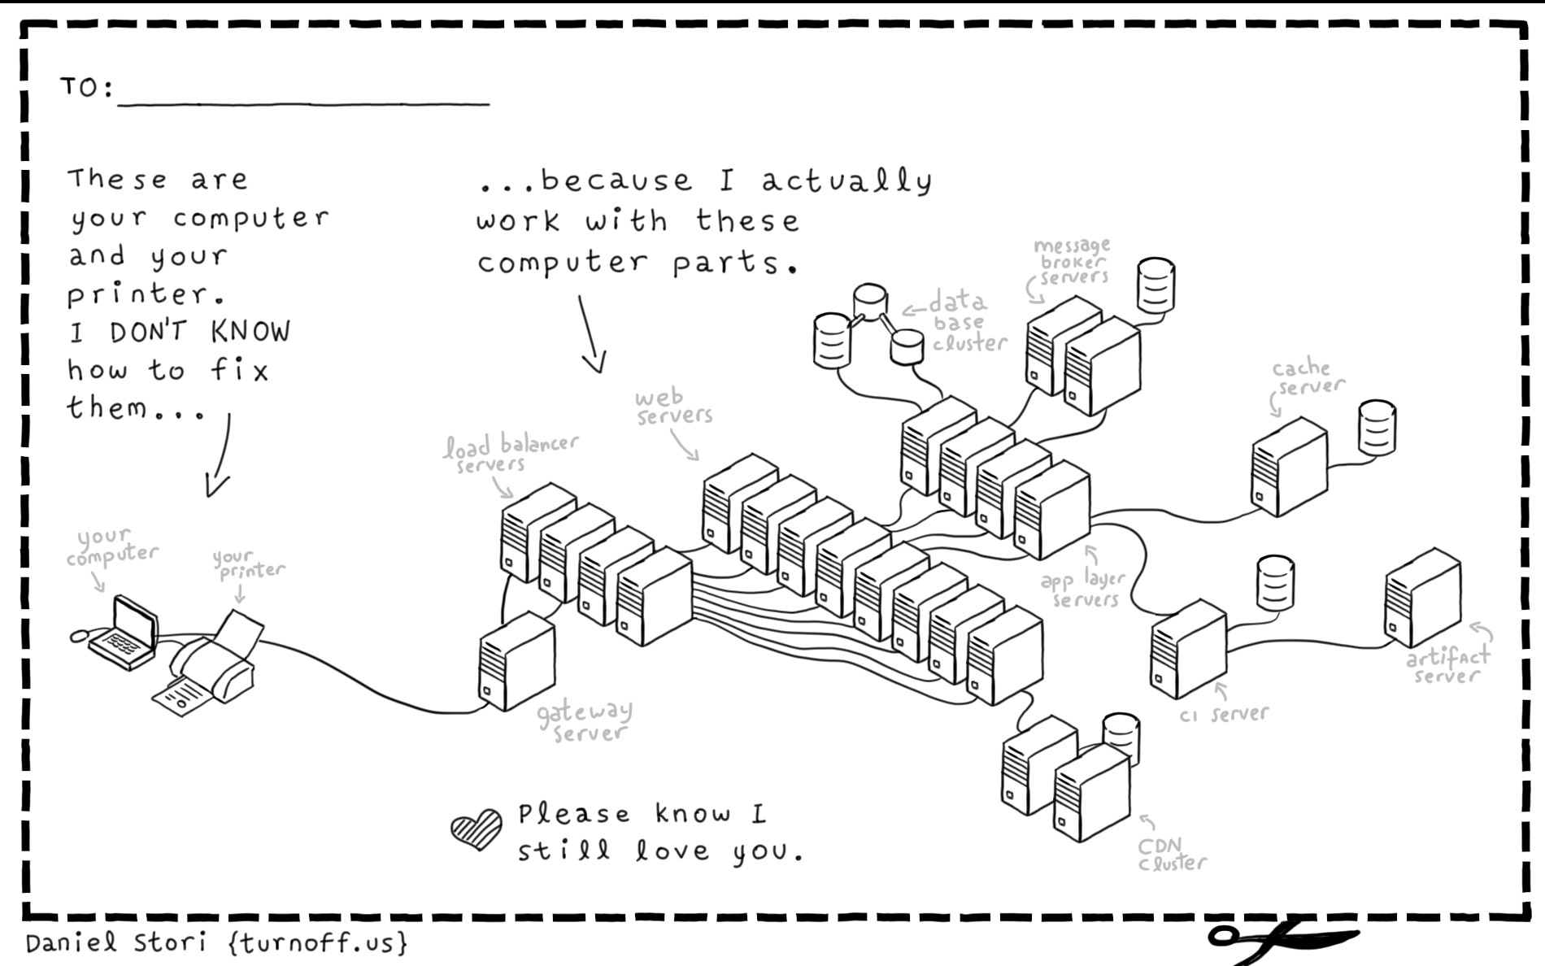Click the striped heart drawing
pos(476,829)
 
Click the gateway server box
pos(517,663)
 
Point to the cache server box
pos(1289,468)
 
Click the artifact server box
pos(1422,598)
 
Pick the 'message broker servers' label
pos(1072,261)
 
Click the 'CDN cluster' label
pos(1170,855)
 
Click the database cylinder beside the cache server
pos(1377,428)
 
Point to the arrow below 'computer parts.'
pos(591,333)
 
